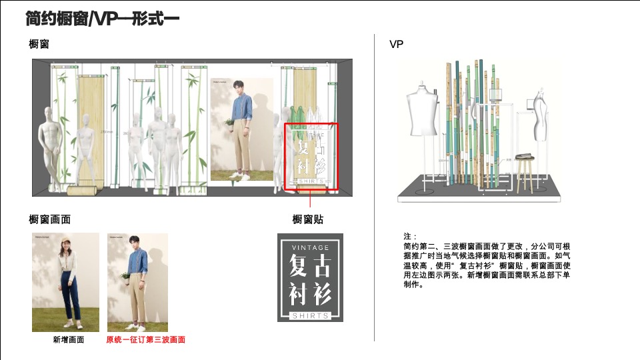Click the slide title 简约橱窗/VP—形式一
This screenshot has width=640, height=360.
point(102,19)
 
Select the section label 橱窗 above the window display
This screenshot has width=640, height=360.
point(39,45)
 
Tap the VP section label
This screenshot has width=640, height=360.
point(396,45)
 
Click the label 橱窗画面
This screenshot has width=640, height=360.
point(50,219)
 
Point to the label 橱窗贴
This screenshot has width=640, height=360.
point(308,219)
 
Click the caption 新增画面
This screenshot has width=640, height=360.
point(69,340)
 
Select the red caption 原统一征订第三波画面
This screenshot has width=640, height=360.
point(145,340)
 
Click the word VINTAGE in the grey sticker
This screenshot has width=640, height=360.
point(310,247)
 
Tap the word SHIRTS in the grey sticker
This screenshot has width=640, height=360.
point(310,315)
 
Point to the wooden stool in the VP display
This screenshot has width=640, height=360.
point(523,171)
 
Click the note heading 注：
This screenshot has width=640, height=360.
point(410,237)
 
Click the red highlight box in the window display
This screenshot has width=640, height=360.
point(311,157)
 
